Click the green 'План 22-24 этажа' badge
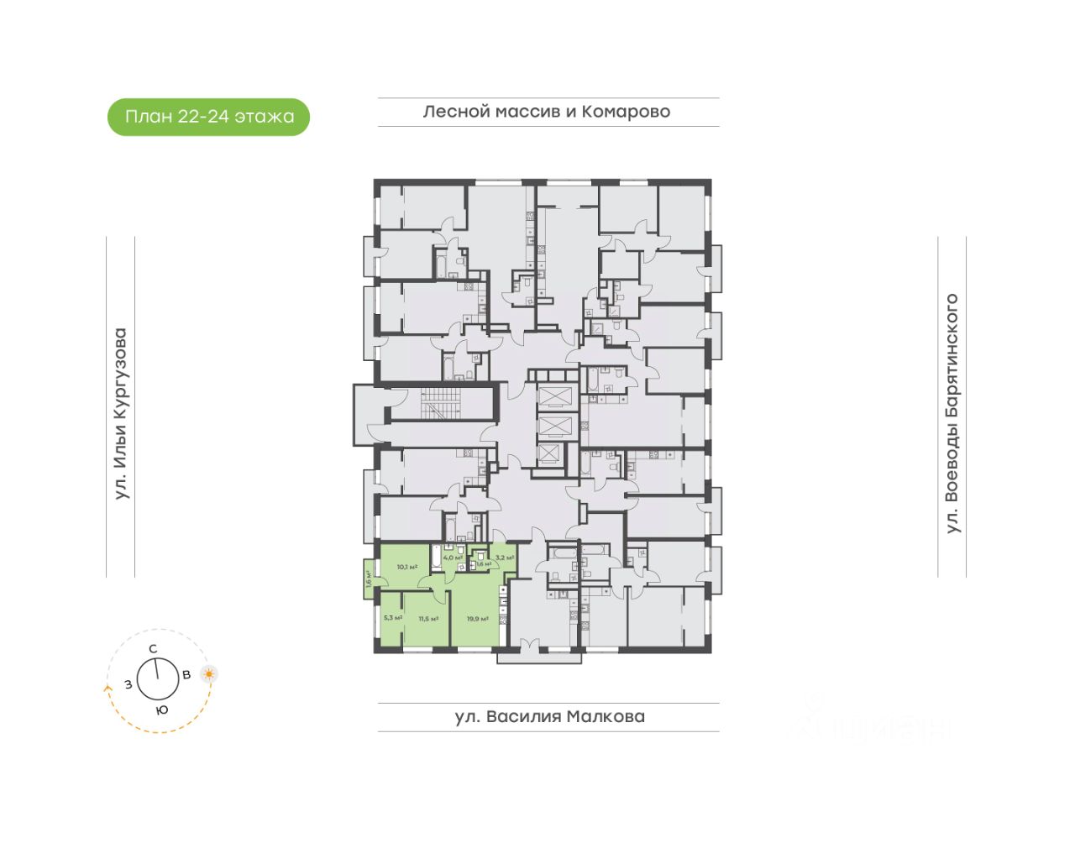pos(208,117)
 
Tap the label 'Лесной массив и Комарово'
pos(547,112)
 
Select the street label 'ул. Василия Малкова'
pos(549,717)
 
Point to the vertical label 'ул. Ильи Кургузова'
pos(121,414)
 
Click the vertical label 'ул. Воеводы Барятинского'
pos(952,413)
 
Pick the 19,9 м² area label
pos(478,619)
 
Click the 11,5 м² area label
pos(428,619)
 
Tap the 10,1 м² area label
pos(407,567)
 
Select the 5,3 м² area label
pos(392,618)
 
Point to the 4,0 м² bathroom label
pos(452,557)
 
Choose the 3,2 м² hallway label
pos(504,557)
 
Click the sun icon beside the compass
pos(209,673)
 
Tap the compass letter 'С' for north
pos(153,649)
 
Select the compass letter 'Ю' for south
pos(161,710)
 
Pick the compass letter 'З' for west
pos(128,684)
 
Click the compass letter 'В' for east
pos(186,674)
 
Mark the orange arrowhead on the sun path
pos(107,688)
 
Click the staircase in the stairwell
pos(442,403)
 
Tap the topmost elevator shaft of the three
pos(554,396)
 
